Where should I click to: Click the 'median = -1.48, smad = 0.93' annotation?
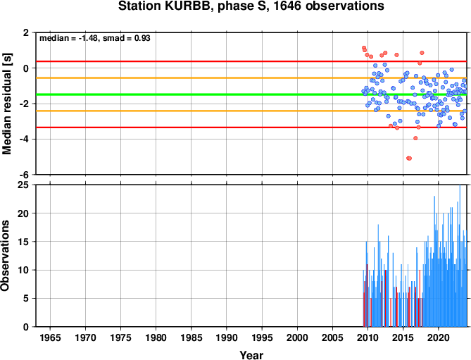point(95,38)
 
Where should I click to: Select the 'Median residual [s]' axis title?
point(6,104)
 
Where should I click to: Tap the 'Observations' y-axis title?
point(5,256)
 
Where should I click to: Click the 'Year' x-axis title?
point(251,355)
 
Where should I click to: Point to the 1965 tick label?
point(50,337)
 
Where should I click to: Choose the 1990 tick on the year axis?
point(227,337)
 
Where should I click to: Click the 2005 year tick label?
point(332,337)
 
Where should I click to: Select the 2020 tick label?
point(438,337)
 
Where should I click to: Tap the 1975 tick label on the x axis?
point(120,337)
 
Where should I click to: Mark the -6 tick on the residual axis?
point(25,175)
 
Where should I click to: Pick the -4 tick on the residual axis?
point(25,139)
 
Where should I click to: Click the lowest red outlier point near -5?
point(409,159)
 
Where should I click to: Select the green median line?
point(251,94)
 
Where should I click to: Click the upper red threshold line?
point(251,61)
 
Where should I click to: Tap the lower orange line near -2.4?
point(251,111)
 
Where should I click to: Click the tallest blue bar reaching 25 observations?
point(460,256)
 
